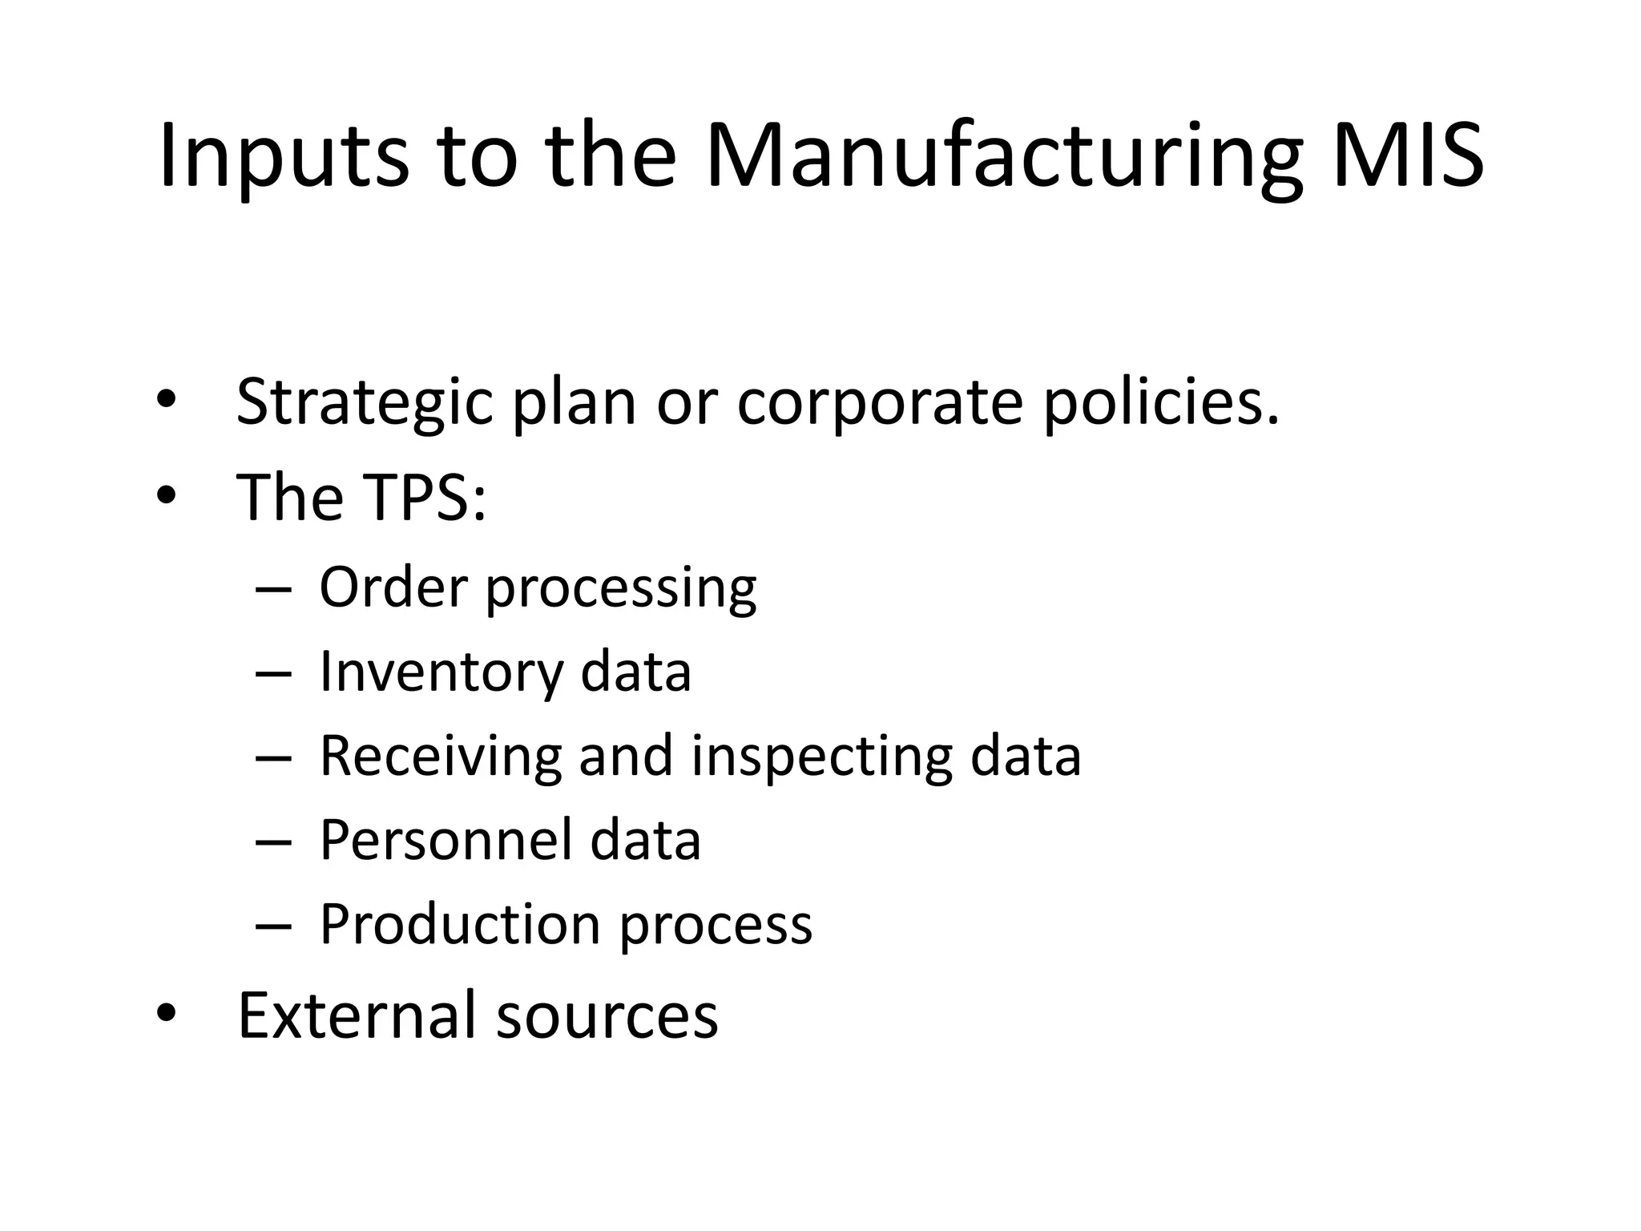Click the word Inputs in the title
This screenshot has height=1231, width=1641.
[x=284, y=155]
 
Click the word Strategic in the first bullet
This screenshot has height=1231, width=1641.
[x=364, y=402]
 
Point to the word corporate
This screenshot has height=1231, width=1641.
[x=880, y=402]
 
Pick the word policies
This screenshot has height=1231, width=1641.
[x=1161, y=402]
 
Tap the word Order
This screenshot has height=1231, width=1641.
[x=393, y=587]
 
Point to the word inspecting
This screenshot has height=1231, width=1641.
[x=821, y=756]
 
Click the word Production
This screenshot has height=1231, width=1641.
[x=460, y=924]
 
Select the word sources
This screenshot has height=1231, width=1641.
[x=607, y=1016]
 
